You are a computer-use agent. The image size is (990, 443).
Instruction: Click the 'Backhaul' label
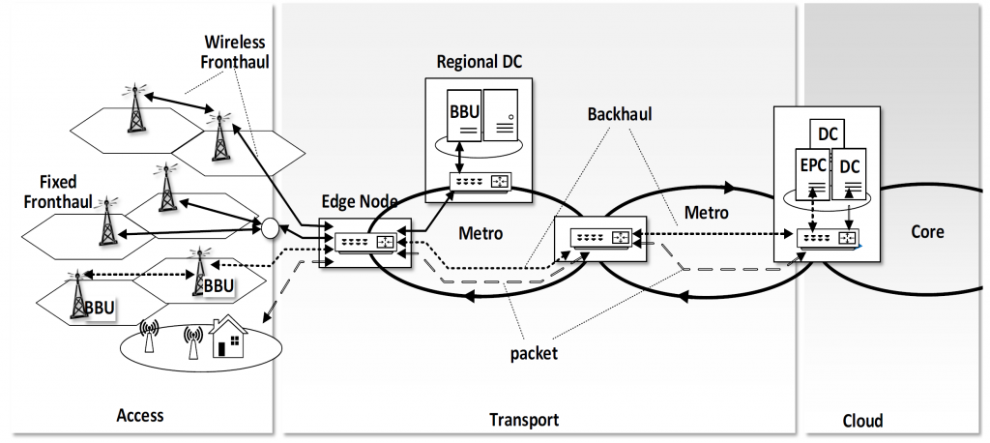pyautogui.click(x=620, y=114)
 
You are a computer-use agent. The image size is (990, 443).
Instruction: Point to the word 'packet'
pyautogui.click(x=533, y=353)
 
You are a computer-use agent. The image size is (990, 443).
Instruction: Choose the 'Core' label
pyautogui.click(x=927, y=232)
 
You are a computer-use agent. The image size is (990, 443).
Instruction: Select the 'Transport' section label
pyautogui.click(x=524, y=420)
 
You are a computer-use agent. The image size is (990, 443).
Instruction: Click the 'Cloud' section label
pyautogui.click(x=861, y=421)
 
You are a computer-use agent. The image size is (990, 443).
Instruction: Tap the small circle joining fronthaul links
pyautogui.click(x=270, y=229)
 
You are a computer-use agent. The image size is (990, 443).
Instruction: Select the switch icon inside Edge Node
pyautogui.click(x=365, y=242)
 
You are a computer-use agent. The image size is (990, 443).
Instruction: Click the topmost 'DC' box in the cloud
pyautogui.click(x=828, y=133)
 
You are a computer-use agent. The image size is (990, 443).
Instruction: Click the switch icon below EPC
pyautogui.click(x=830, y=236)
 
